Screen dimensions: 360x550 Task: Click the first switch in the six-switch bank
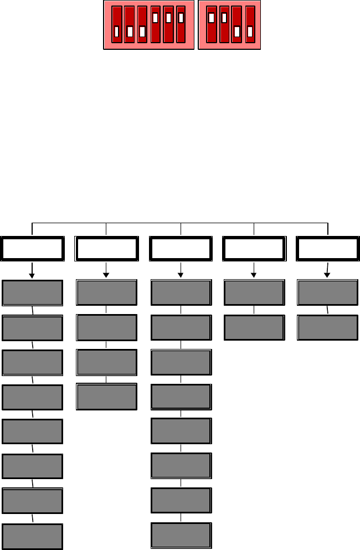(116, 25)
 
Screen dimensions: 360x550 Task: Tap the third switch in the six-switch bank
(142, 25)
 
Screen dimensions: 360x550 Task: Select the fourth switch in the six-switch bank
(155, 25)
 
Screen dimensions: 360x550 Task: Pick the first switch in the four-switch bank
(211, 25)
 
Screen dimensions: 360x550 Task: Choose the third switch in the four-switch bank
(237, 25)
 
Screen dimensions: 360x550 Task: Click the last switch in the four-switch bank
(250, 25)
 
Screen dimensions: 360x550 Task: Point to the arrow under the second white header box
(106, 271)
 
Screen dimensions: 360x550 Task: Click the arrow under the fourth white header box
(254, 271)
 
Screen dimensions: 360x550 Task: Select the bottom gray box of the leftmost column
(32, 536)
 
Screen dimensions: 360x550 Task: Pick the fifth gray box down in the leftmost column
(32, 431)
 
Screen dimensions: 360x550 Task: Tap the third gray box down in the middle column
(181, 362)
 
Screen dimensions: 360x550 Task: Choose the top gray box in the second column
(106, 292)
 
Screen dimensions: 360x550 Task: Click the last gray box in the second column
(106, 397)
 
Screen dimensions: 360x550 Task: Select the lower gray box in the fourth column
(254, 327)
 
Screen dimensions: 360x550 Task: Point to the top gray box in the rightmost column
(328, 292)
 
